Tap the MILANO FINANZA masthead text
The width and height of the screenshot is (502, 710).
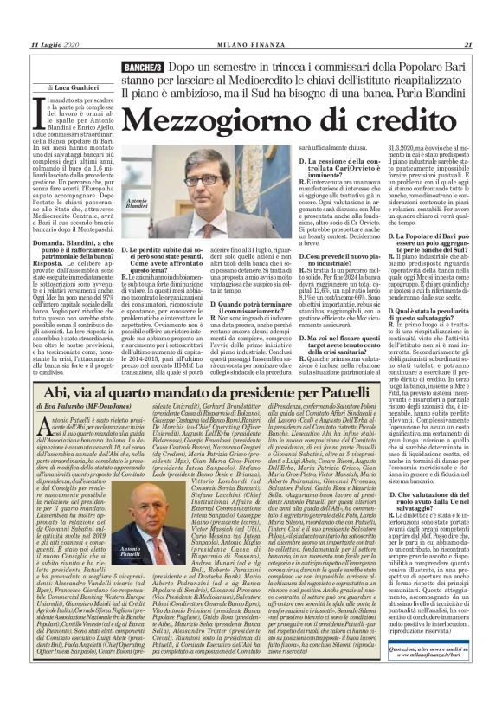(250, 45)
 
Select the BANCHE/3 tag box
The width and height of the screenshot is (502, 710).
(140, 67)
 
